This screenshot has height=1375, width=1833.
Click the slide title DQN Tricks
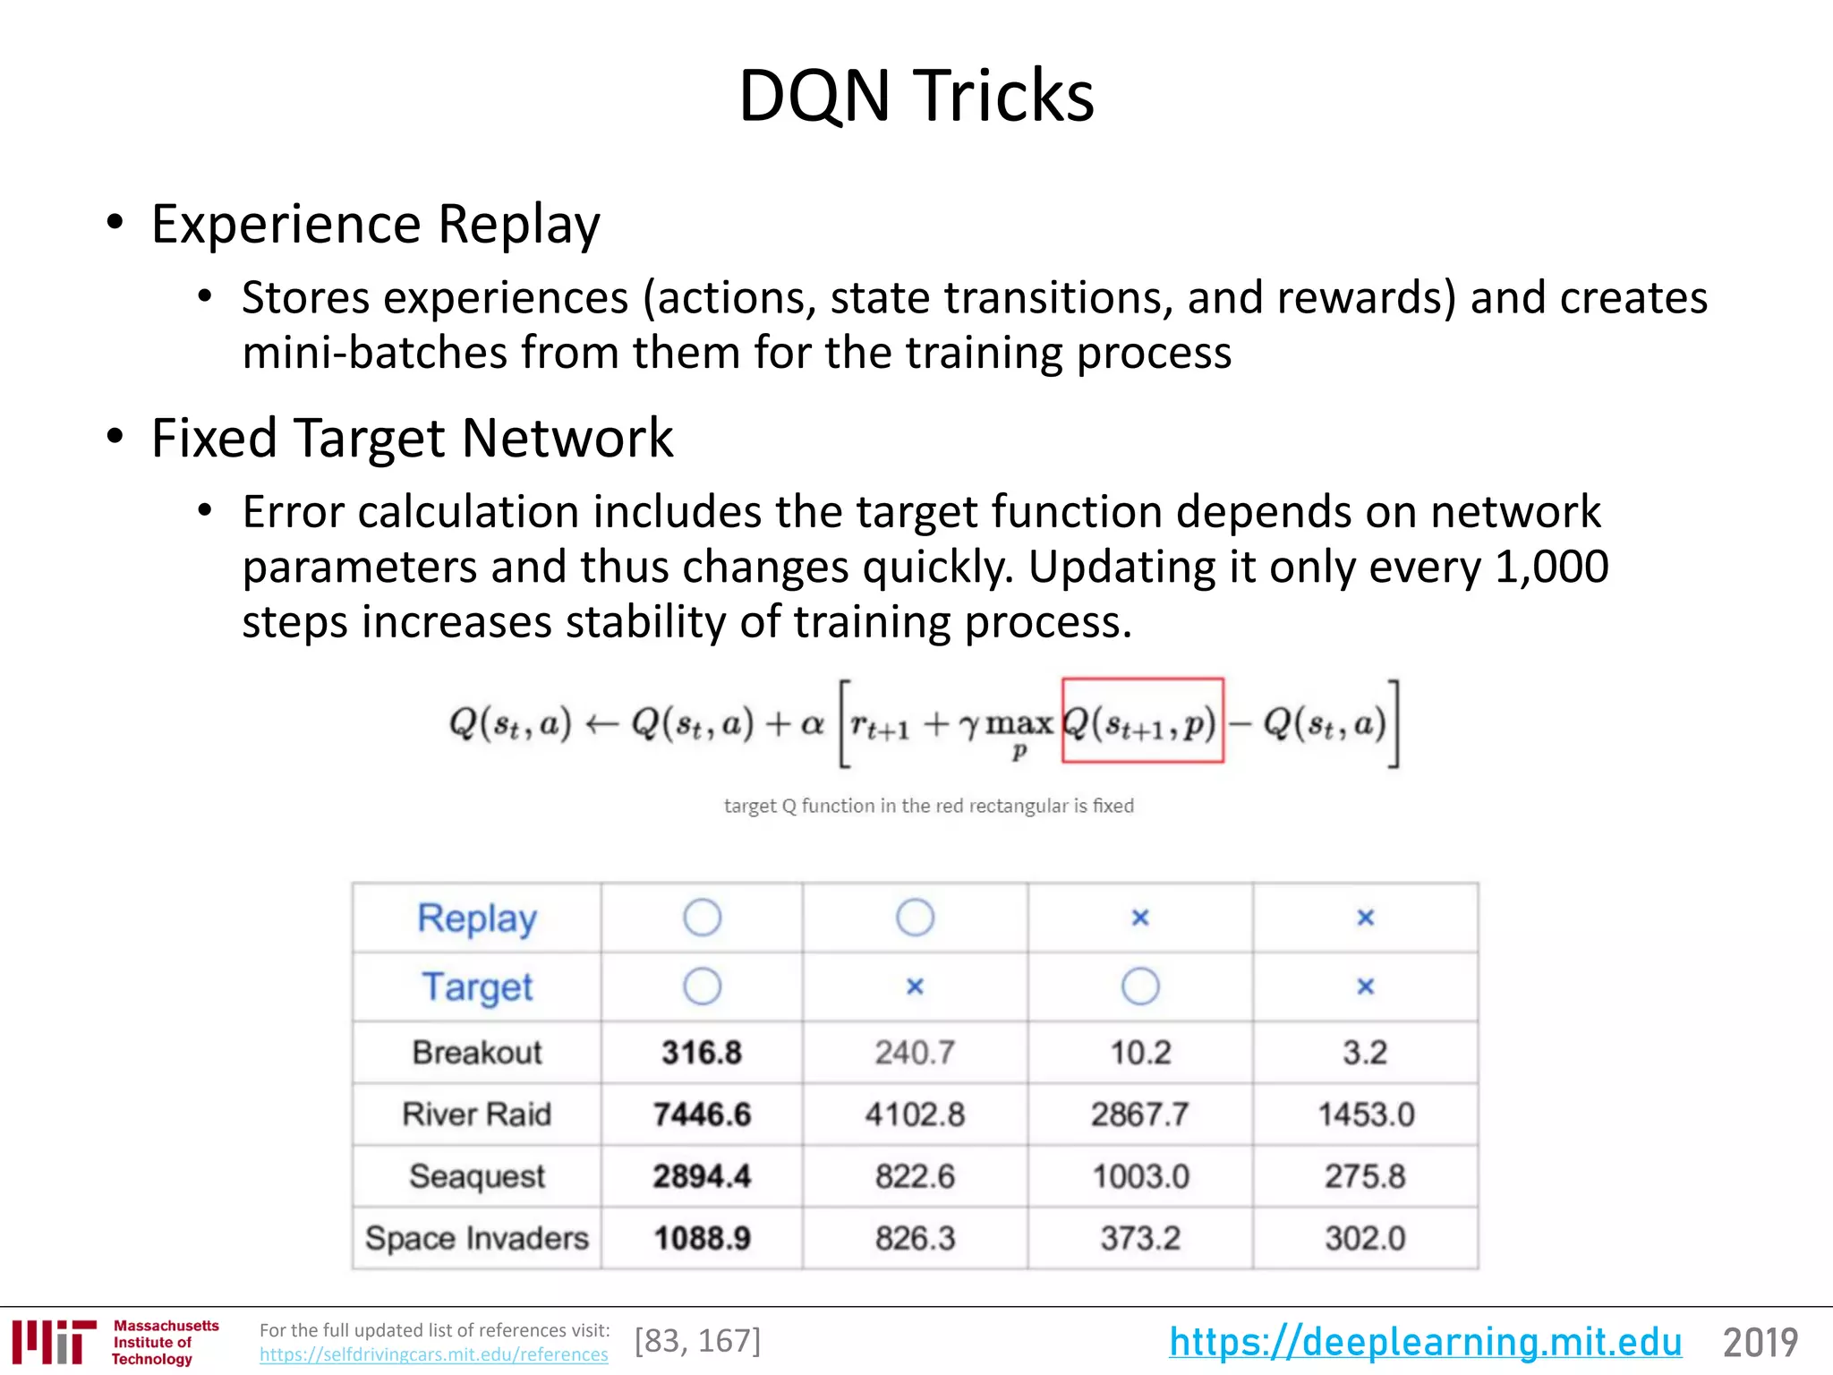pyautogui.click(x=916, y=96)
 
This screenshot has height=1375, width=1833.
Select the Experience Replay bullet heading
pyautogui.click(x=375, y=224)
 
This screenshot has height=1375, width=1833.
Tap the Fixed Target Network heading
pyautogui.click(x=412, y=439)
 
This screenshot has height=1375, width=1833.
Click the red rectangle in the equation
pyautogui.click(x=1142, y=721)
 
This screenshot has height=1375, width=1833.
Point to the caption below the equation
pyautogui.click(x=928, y=806)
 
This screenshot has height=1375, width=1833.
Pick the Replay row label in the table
pyautogui.click(x=476, y=918)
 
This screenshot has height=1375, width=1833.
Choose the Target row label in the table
pyautogui.click(x=476, y=987)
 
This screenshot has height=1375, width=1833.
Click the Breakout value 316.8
pyautogui.click(x=702, y=1053)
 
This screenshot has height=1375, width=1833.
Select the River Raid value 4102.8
pyautogui.click(x=915, y=1115)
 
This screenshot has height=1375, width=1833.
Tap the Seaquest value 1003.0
pyautogui.click(x=1140, y=1176)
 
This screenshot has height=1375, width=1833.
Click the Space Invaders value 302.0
pyautogui.click(x=1365, y=1238)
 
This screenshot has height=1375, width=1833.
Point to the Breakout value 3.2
pyautogui.click(x=1365, y=1053)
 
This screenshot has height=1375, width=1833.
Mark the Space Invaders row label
pyautogui.click(x=476, y=1238)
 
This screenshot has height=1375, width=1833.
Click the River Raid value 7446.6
pyautogui.click(x=702, y=1115)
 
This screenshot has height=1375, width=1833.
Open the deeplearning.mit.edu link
pyautogui.click(x=1425, y=1342)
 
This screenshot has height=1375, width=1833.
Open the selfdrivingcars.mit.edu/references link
pyautogui.click(x=433, y=1355)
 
